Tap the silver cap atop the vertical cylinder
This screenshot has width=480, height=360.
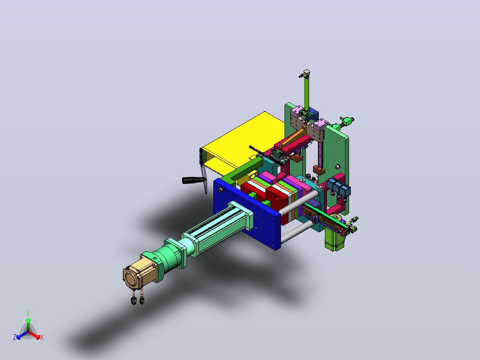pos(306,73)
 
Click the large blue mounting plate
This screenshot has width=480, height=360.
pos(247,213)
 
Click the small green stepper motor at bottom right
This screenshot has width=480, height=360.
pos(334,238)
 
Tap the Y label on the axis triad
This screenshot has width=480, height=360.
pos(28,314)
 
